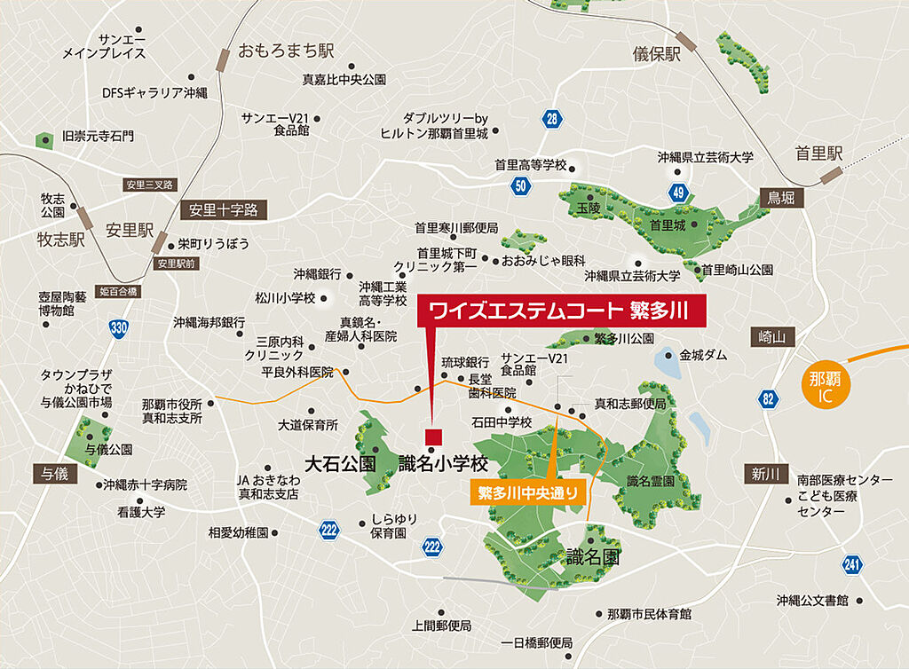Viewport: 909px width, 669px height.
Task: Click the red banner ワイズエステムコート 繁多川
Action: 562,311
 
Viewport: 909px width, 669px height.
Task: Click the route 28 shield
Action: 552,119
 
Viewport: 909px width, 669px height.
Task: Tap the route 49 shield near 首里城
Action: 679,192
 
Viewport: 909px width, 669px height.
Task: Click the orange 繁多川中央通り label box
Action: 527,491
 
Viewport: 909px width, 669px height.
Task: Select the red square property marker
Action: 434,436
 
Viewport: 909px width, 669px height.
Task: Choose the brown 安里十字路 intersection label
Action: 223,210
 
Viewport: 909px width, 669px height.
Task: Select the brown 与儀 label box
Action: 51,474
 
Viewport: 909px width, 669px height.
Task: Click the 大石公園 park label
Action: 341,463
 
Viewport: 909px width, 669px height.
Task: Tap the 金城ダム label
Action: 703,355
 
